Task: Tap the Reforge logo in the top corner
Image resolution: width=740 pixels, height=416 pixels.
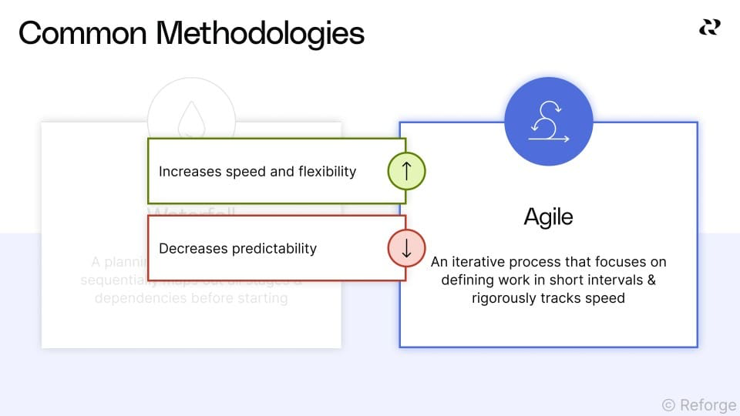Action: pos(709,28)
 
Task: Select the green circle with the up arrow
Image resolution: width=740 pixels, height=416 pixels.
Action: pos(407,171)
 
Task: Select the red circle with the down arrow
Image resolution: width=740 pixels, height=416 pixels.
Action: pos(407,248)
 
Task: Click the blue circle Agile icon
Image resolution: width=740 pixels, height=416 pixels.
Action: pos(548,122)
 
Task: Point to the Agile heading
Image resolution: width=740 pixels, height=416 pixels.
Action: pos(548,216)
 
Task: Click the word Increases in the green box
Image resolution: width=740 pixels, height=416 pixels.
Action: pos(190,171)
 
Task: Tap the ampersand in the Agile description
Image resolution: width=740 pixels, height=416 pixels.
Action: pos(651,280)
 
